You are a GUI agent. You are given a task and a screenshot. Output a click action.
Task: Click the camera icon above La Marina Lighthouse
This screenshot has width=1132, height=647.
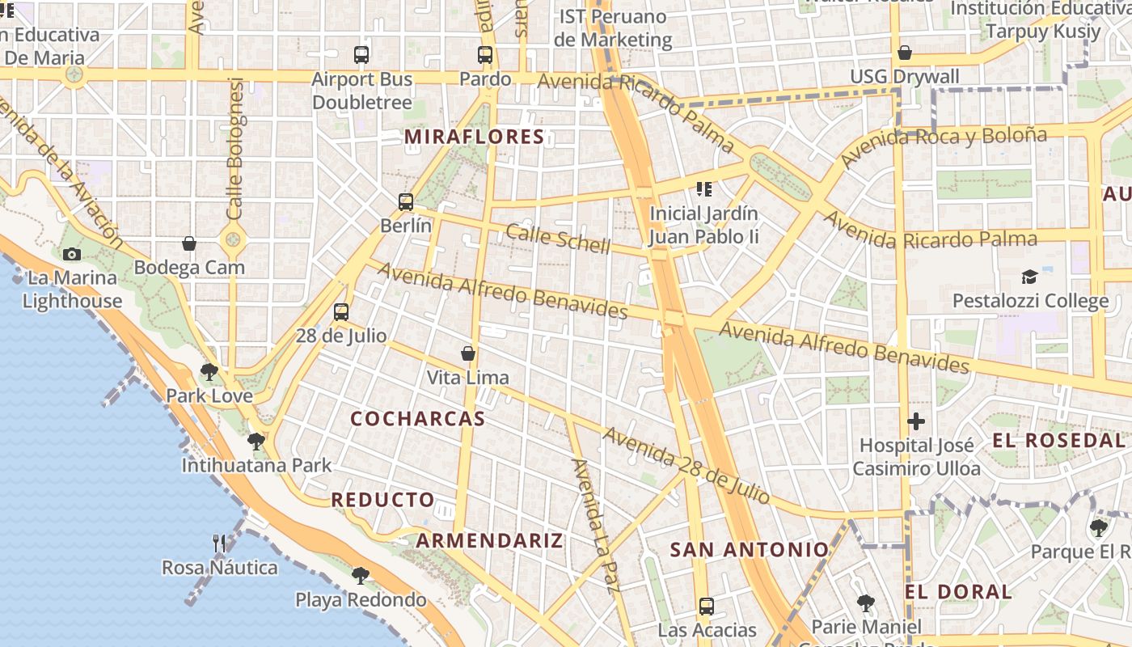[x=71, y=254]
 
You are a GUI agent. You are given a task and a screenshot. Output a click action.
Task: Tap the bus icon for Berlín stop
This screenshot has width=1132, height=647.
[x=406, y=201]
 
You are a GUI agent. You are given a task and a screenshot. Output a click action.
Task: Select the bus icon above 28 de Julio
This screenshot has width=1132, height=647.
[x=341, y=311]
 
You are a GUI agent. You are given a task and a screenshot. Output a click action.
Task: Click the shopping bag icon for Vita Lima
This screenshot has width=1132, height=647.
[x=467, y=353]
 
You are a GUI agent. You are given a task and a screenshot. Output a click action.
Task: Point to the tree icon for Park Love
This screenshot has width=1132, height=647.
[x=209, y=372]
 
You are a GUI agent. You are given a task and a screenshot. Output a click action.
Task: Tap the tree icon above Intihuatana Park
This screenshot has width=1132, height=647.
[x=256, y=441]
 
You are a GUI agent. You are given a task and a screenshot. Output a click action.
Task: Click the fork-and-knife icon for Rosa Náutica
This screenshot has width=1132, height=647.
[x=219, y=543]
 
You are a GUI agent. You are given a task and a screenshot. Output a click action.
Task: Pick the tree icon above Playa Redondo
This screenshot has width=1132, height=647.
[x=361, y=575]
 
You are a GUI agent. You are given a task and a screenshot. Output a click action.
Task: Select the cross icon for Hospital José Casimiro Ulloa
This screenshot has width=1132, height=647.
[x=916, y=421]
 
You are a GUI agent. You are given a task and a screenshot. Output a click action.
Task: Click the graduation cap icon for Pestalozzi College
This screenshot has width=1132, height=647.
[x=1029, y=277]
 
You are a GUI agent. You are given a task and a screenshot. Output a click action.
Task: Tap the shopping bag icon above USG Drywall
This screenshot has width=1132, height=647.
[x=905, y=53]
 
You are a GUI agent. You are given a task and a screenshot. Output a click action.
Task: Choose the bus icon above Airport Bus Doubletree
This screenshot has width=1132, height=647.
[x=361, y=55]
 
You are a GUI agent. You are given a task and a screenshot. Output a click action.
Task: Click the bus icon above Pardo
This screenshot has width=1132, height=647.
[x=485, y=55]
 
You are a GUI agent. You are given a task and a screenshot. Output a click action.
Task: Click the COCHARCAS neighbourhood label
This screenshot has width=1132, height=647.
[x=418, y=418]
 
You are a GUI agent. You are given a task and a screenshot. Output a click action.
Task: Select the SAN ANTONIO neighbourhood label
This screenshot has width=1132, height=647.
[x=750, y=550]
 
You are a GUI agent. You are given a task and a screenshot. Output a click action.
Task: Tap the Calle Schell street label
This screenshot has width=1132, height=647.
[x=558, y=239]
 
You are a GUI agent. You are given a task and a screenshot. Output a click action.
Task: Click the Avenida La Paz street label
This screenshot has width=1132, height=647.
[x=596, y=526]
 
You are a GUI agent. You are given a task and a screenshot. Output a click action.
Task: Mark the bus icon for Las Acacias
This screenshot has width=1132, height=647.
[x=707, y=606]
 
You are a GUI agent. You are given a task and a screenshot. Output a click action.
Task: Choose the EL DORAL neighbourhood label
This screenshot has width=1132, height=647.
[x=958, y=592]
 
